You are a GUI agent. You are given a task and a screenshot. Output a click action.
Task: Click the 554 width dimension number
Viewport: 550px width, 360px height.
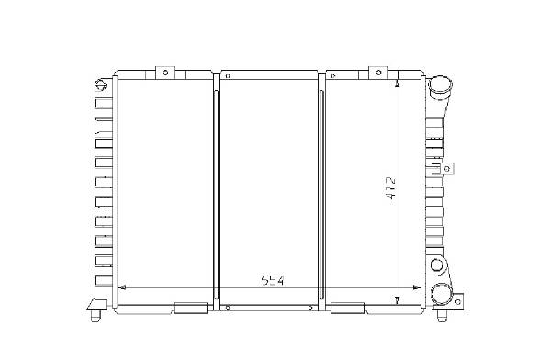pos(273,280)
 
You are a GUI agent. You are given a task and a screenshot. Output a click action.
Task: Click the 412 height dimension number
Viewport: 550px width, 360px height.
pos(390,188)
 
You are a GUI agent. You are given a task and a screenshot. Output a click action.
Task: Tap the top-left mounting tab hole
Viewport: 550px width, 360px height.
pos(165,73)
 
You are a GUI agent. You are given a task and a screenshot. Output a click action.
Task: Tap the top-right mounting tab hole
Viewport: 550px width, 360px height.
pos(378,73)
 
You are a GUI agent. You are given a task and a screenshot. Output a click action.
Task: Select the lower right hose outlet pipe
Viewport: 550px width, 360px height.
pos(442,294)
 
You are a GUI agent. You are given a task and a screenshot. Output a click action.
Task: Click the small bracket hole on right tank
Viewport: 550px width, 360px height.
pos(447,169)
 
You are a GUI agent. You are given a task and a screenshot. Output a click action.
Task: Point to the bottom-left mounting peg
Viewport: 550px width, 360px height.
pos(95,315)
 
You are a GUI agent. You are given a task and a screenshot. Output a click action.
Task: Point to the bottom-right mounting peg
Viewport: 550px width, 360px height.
pos(442,315)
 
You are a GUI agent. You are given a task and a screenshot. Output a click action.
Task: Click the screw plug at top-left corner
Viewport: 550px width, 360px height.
pos(100,84)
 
